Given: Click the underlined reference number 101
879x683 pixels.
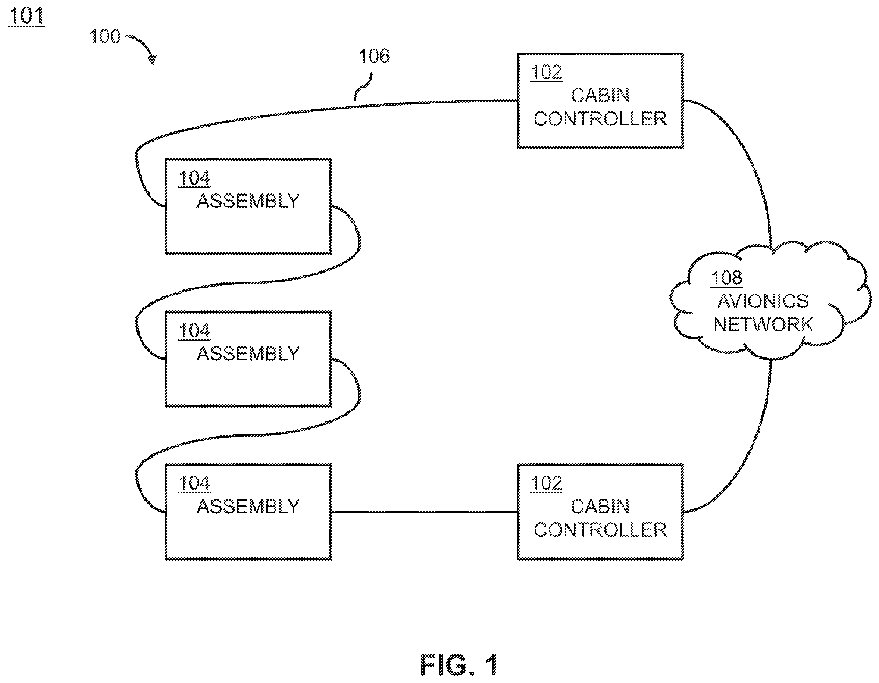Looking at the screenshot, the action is pos(26,16).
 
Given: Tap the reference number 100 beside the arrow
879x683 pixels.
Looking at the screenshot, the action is pos(105,36).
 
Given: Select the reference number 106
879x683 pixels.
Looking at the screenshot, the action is pos(374,56).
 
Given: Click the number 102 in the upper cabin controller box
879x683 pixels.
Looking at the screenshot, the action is pos(546,72).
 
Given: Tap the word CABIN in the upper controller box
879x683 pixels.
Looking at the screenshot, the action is pos(600,95).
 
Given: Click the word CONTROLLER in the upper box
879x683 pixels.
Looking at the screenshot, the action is pos(600,119).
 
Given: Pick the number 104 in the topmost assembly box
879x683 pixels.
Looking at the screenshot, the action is pos(194,178).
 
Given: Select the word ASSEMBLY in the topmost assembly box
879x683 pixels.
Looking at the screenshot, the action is pos(248,201).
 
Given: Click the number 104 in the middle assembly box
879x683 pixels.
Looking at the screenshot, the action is pos(194,331).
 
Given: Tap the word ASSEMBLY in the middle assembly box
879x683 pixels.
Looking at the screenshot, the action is pos(248,353).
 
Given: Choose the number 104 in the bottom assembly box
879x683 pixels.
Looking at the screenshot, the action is pos(194,483).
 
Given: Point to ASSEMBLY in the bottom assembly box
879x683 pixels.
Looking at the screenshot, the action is pos(248,506).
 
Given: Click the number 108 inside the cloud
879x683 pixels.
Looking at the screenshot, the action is pos(726,278).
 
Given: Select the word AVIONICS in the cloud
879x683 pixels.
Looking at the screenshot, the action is pos(763,301).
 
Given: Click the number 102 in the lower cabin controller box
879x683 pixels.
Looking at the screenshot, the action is pos(546,483).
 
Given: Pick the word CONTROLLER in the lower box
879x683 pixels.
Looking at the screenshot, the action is pos(600,530).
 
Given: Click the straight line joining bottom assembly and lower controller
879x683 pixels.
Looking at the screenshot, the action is pos(424,512).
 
